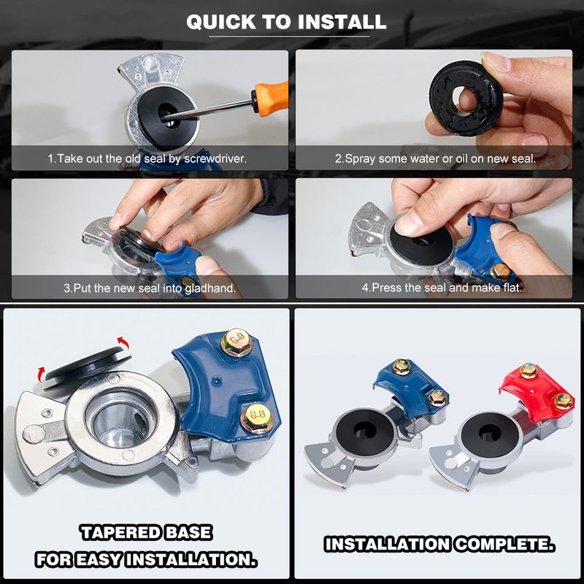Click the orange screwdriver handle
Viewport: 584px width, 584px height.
point(271,98)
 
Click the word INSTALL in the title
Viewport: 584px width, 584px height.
point(342,22)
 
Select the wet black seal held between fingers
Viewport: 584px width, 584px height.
point(466,98)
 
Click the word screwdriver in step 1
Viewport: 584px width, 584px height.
point(215,158)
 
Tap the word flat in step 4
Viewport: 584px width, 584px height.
point(513,288)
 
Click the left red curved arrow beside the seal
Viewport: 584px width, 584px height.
point(41,373)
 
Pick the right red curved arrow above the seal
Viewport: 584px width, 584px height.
point(123,342)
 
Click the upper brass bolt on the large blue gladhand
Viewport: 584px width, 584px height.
point(237,341)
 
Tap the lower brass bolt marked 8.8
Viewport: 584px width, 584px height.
point(258,418)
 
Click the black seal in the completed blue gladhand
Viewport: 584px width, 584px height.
point(364,432)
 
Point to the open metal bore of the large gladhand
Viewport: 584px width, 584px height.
point(120,419)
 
